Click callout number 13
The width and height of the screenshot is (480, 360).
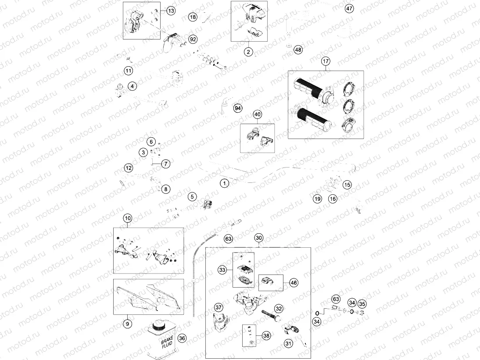(171, 10)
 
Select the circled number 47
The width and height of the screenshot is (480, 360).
(349, 8)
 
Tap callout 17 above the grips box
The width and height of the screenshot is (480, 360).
(325, 61)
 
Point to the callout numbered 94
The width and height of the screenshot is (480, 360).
(238, 108)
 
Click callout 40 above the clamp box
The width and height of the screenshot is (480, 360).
(257, 114)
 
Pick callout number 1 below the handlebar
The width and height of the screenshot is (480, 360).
(224, 183)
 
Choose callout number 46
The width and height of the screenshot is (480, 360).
(294, 283)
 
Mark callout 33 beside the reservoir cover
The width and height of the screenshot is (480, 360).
(223, 270)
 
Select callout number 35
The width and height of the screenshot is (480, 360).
(362, 303)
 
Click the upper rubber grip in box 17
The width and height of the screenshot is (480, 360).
(309, 87)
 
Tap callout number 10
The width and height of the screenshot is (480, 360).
(127, 218)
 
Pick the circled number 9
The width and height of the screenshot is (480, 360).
(127, 324)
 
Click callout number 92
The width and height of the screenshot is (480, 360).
(193, 39)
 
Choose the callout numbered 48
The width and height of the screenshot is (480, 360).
(298, 50)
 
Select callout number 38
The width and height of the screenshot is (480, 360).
(266, 335)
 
